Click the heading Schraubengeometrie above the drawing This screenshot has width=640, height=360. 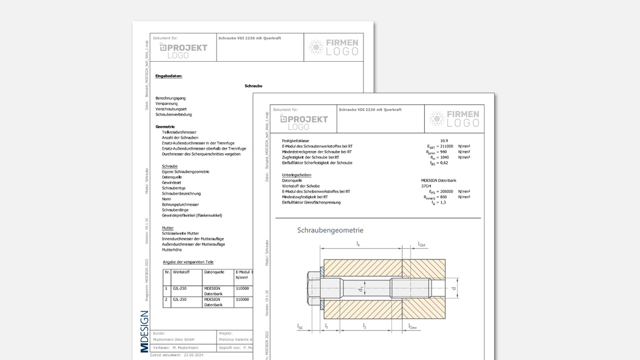[x=330, y=230]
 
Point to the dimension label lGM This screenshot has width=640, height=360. [x=421, y=245]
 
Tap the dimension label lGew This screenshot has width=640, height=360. [x=412, y=326]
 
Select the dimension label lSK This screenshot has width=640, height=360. [x=300, y=326]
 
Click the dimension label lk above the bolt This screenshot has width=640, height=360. [x=358, y=244]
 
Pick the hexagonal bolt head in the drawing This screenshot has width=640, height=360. [x=313, y=289]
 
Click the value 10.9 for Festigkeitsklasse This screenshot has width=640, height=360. [x=444, y=141]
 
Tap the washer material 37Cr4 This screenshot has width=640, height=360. [x=426, y=186]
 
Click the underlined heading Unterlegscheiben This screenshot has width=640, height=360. [x=296, y=175]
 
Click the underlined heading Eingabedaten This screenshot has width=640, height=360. [x=169, y=76]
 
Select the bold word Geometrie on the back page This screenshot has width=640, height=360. [x=165, y=127]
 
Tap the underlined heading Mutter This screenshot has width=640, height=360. [x=167, y=228]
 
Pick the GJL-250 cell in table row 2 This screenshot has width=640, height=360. [x=180, y=300]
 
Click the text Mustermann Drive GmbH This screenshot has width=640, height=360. [x=174, y=339]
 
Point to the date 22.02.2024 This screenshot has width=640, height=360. [x=193, y=355]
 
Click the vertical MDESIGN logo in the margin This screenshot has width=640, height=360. [x=144, y=331]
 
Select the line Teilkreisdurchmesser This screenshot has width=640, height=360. [x=179, y=132]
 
